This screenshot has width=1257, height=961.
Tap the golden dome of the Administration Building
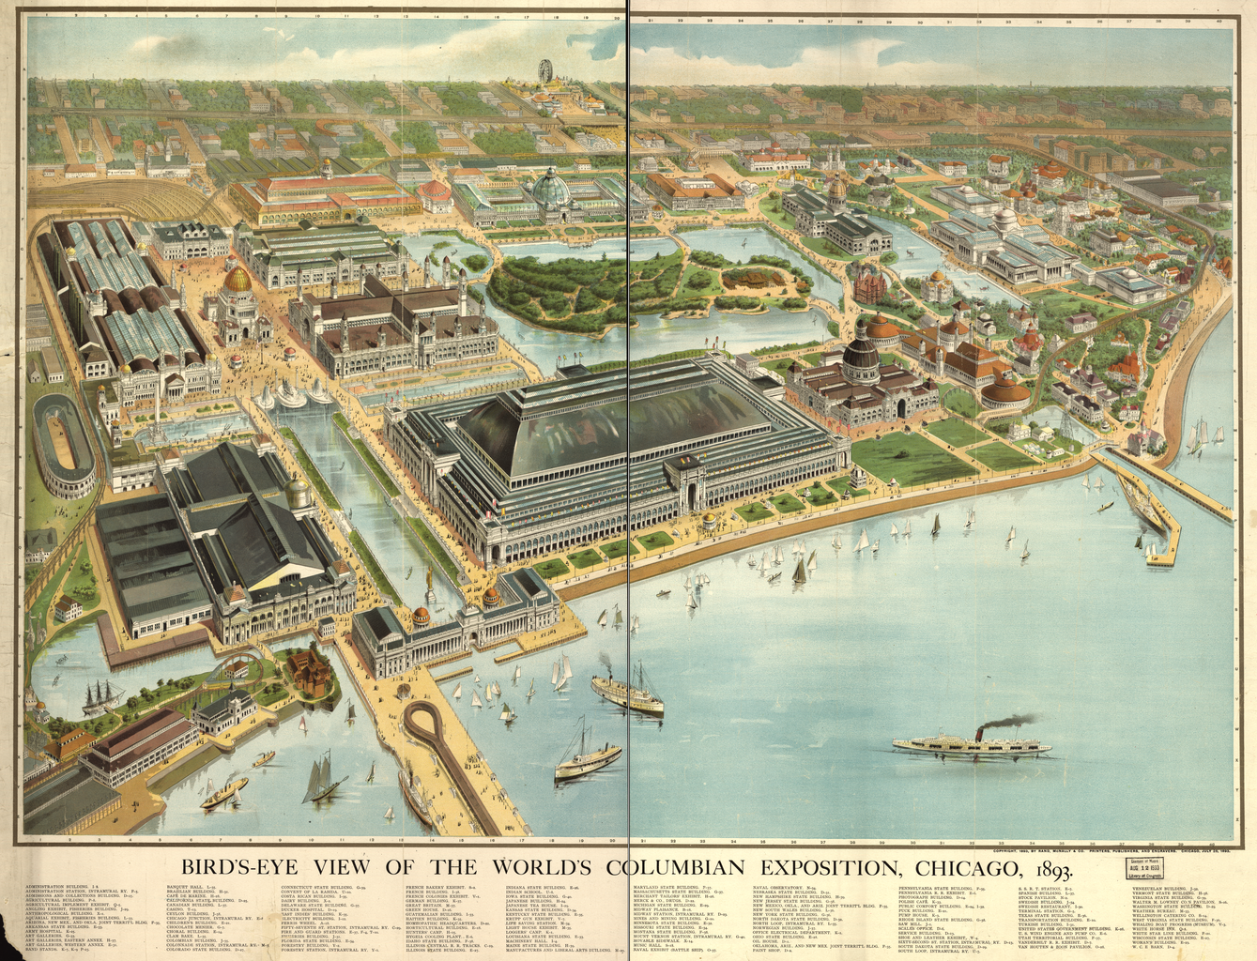(x=238, y=279)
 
